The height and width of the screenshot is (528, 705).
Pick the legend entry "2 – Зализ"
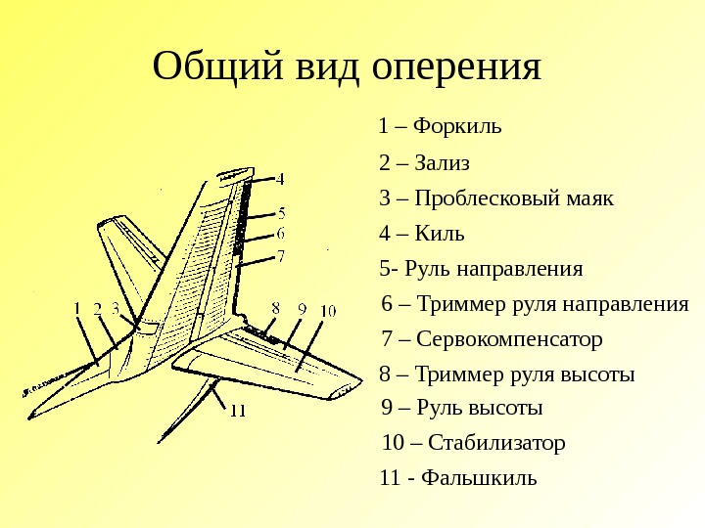[424, 162]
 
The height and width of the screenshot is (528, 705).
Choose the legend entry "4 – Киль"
[421, 234]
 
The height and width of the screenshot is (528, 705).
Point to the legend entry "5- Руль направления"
[481, 269]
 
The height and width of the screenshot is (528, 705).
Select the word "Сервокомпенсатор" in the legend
[509, 339]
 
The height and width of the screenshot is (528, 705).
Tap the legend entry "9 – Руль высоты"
[461, 408]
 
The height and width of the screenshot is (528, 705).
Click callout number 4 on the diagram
[280, 179]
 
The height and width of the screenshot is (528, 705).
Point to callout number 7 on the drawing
[280, 256]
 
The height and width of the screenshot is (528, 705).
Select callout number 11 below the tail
[237, 411]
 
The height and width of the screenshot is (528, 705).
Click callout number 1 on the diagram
[77, 308]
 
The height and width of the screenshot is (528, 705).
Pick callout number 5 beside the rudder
[282, 212]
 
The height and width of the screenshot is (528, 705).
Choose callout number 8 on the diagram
[276, 308]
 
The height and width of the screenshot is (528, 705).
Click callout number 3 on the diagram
[115, 308]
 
